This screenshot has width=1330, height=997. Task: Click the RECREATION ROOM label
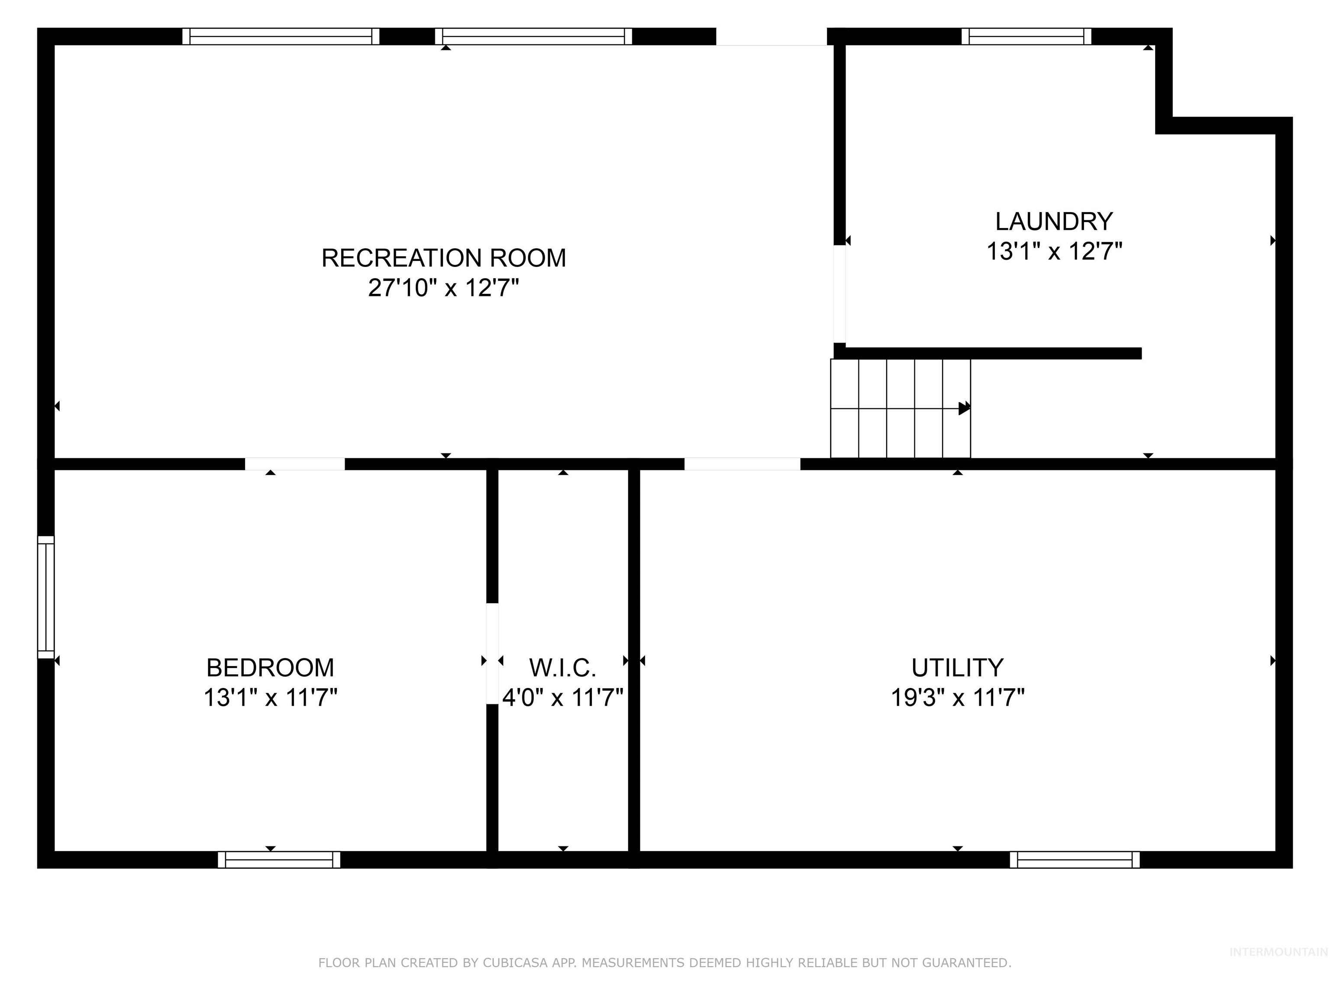[x=443, y=258]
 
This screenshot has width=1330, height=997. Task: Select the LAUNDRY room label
[x=1053, y=222]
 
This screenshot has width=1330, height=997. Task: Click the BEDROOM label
[x=270, y=668]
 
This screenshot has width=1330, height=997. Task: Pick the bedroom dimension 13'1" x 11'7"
[x=270, y=698]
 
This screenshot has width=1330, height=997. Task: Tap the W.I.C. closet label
[x=562, y=668]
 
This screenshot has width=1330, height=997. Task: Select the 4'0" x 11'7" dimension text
[x=562, y=698]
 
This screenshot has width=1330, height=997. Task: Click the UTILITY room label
[x=957, y=668]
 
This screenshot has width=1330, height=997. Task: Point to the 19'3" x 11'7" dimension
[x=957, y=698]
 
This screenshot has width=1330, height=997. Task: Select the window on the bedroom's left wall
[x=46, y=597]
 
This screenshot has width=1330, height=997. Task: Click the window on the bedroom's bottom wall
[x=279, y=860]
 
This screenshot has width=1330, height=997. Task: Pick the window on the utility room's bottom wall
[x=1075, y=860]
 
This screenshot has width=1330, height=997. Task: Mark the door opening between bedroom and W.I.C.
[x=492, y=653]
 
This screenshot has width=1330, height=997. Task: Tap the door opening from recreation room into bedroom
[x=295, y=464]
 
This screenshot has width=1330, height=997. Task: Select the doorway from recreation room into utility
[x=742, y=464]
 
